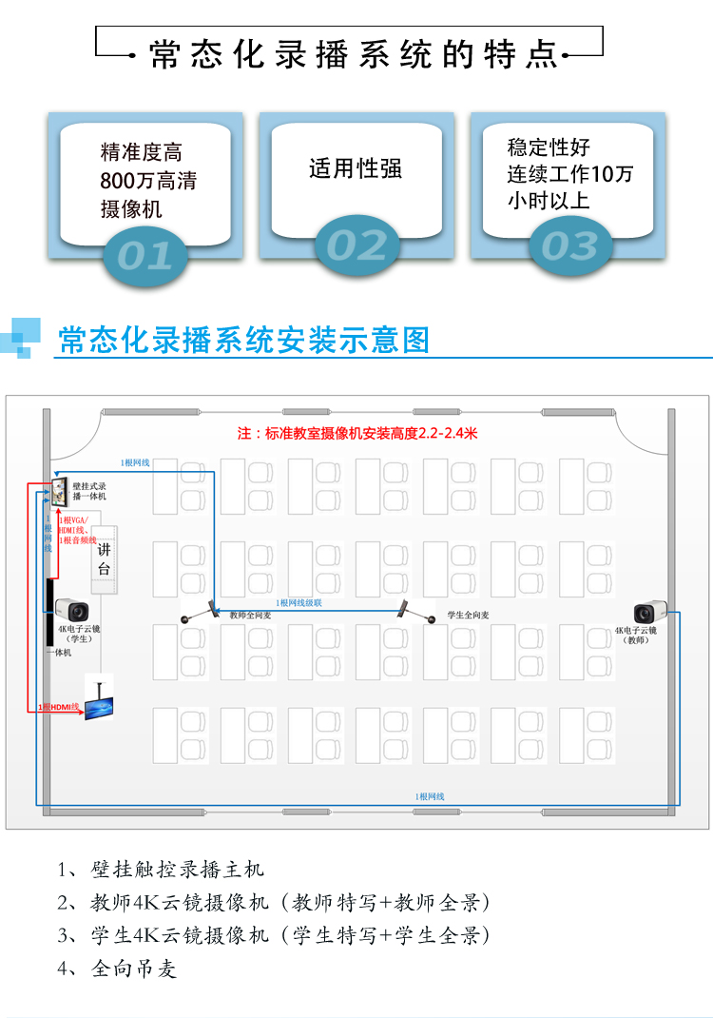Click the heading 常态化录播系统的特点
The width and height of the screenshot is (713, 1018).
pyautogui.click(x=354, y=55)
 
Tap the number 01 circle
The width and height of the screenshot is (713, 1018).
pyautogui.click(x=145, y=253)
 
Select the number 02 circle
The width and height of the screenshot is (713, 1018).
pyautogui.click(x=356, y=245)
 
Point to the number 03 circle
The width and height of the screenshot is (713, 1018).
pyautogui.click(x=568, y=245)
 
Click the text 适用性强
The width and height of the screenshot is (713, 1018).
pyautogui.click(x=356, y=169)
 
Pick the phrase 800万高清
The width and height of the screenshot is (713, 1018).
pyautogui.click(x=147, y=181)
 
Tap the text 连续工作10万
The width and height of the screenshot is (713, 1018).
pyautogui.click(x=569, y=174)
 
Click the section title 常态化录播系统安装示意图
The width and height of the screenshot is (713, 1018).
pyautogui.click(x=244, y=340)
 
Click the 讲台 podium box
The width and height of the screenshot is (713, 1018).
pyautogui.click(x=105, y=559)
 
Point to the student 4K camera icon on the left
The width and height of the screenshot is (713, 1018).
pyautogui.click(x=70, y=610)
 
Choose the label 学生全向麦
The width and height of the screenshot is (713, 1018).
pyautogui.click(x=468, y=616)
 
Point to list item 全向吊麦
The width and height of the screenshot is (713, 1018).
pyautogui.click(x=134, y=969)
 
